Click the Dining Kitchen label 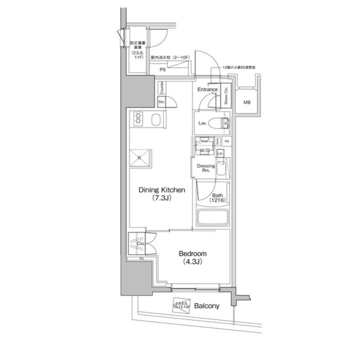click(162, 190)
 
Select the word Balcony click(206, 306)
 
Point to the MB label click(246, 103)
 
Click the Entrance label click(208, 90)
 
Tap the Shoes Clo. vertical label click(226, 97)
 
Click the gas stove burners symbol click(139, 119)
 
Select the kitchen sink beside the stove click(156, 119)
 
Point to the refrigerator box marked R click(139, 158)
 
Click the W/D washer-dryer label click(205, 151)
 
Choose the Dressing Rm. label click(206, 169)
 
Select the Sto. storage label click(161, 102)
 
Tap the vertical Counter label click(161, 87)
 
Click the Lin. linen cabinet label click(221, 153)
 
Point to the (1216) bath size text click(218, 201)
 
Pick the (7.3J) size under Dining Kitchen click(161, 199)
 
